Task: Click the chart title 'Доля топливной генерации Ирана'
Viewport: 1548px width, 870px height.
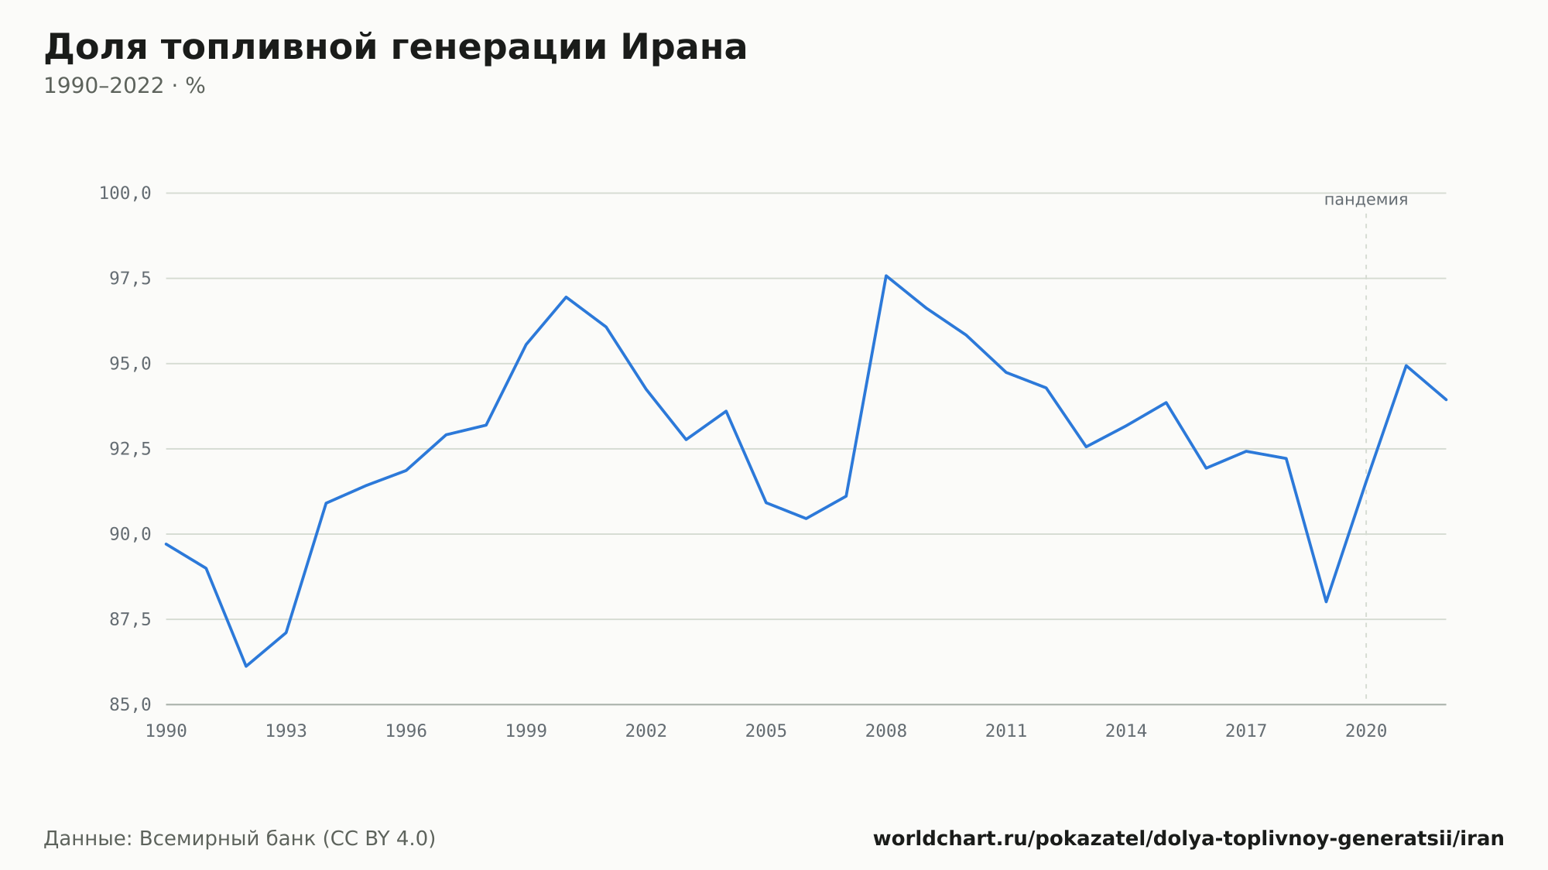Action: click(396, 48)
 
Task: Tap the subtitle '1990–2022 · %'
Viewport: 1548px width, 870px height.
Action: click(125, 86)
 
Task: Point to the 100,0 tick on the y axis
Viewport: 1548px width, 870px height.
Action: click(125, 194)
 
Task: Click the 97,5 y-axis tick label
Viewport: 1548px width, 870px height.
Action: click(130, 279)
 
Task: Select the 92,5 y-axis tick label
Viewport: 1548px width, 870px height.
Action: click(130, 449)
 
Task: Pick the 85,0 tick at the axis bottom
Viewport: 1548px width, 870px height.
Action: click(130, 704)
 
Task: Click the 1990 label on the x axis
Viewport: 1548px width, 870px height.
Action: click(166, 731)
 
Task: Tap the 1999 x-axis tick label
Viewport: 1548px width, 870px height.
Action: click(526, 731)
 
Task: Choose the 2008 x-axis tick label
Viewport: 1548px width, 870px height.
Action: click(886, 731)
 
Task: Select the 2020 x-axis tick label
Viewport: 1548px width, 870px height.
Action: click(1366, 731)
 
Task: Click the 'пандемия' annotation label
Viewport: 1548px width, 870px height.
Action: click(1366, 200)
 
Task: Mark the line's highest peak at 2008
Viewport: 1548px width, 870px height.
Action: click(886, 276)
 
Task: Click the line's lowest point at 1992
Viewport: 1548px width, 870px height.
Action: click(246, 666)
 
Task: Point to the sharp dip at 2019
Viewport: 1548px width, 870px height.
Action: click(1326, 601)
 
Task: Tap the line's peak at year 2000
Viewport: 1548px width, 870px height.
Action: click(566, 297)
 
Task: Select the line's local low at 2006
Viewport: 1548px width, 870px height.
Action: click(806, 518)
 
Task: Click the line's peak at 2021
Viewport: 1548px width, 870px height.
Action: click(1406, 365)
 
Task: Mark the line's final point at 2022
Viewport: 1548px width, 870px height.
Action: click(1446, 399)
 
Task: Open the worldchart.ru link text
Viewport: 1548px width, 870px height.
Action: click(1189, 839)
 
